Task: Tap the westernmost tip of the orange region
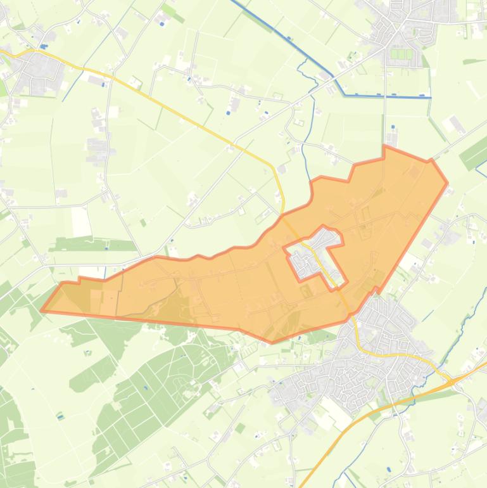click(x=42, y=311)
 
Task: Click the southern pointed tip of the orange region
click(x=272, y=342)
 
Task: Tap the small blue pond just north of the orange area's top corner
click(x=393, y=126)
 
